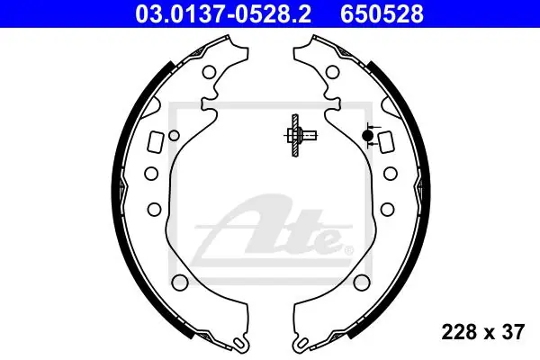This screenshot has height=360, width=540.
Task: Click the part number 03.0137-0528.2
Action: [223, 14]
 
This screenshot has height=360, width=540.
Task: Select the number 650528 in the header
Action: [382, 14]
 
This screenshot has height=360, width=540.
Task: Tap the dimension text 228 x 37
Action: [483, 332]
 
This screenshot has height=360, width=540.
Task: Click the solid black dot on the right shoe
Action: [367, 135]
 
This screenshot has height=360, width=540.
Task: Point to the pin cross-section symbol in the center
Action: [299, 135]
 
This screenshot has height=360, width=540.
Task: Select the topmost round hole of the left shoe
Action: [209, 72]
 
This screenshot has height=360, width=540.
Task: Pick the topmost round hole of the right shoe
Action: [332, 72]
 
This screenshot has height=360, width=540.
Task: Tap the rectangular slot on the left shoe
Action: [156, 141]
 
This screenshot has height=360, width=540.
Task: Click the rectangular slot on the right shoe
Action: [385, 141]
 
